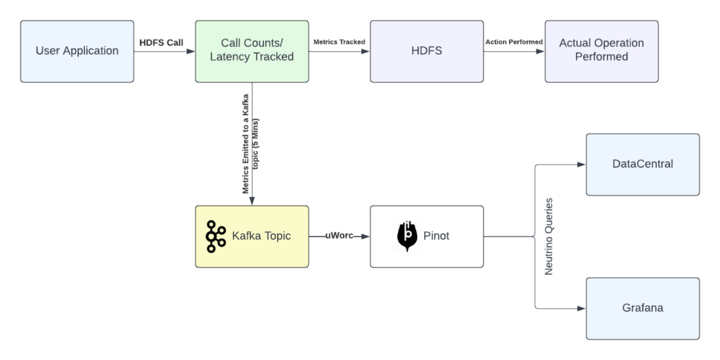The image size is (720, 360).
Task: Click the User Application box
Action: coord(77,51)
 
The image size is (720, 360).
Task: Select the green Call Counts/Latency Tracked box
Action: coord(252,51)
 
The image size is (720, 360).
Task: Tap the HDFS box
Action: coord(427,51)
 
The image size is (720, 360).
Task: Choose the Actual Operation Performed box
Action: coord(601,51)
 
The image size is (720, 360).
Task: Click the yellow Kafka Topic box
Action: coord(252,236)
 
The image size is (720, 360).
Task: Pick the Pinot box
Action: coord(427,236)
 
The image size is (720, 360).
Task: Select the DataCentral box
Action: coord(643,165)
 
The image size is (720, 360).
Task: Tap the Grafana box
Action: coord(643,308)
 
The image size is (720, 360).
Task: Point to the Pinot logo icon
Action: coord(406,236)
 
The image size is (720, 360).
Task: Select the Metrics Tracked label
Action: coord(339,42)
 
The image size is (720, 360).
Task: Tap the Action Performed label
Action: coord(514,42)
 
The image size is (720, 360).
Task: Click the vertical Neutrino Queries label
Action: coord(549,236)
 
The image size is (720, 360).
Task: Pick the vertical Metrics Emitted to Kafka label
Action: coord(251,144)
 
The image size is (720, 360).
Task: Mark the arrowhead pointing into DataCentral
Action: coord(581,165)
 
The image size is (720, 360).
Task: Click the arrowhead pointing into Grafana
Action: coord(581,308)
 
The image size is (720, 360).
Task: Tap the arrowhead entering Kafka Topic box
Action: coord(252,202)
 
